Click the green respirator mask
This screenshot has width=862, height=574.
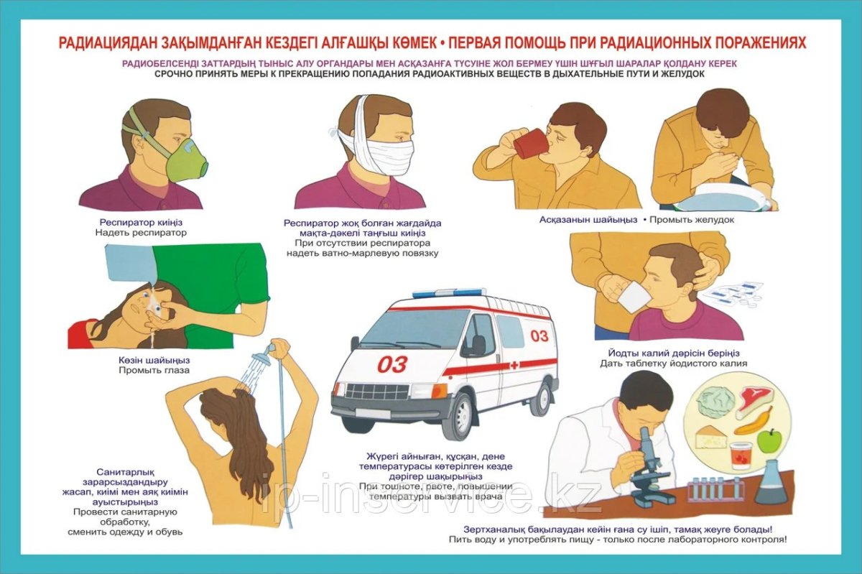tap(187, 164)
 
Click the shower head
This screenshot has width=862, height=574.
tap(261, 356)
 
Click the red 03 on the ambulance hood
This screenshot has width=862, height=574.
tap(392, 364)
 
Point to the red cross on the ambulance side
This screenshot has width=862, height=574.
tap(514, 365)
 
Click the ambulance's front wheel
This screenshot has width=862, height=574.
tap(459, 417)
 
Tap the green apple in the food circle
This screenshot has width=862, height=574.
tap(769, 441)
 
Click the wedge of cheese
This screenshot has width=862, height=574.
tap(711, 438)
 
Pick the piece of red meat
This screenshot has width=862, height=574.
tap(755, 401)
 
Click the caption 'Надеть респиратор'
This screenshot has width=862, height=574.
tap(141, 233)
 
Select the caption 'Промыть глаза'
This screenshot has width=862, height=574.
tap(154, 371)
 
